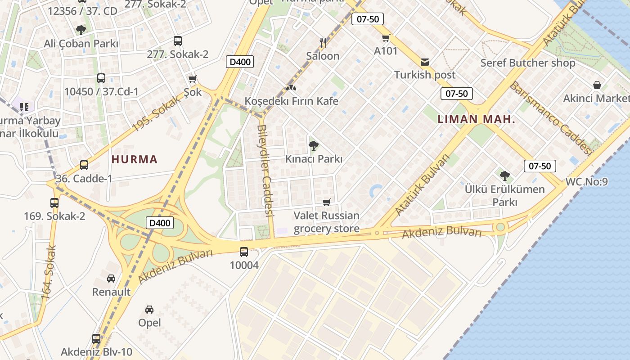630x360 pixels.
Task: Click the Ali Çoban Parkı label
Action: [81, 44]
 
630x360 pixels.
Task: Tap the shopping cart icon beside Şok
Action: [193, 79]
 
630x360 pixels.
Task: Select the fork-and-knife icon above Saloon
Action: [323, 43]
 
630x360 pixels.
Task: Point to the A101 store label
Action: [386, 51]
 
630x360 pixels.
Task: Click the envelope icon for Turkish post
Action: [425, 62]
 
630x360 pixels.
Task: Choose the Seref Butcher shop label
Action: [527, 63]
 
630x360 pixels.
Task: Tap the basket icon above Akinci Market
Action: [597, 85]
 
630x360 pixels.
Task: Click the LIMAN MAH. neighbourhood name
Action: [477, 120]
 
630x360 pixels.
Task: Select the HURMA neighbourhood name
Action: [135, 159]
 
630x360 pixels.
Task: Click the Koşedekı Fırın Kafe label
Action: [291, 101]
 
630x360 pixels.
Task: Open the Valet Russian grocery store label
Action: [327, 222]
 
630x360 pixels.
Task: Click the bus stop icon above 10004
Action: [244, 252]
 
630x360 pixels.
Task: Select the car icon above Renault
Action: [111, 279]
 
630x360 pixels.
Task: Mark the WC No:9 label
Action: [586, 182]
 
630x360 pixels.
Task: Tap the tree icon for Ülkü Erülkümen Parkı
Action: [505, 175]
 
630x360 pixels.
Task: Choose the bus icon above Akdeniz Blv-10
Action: [96, 339]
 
